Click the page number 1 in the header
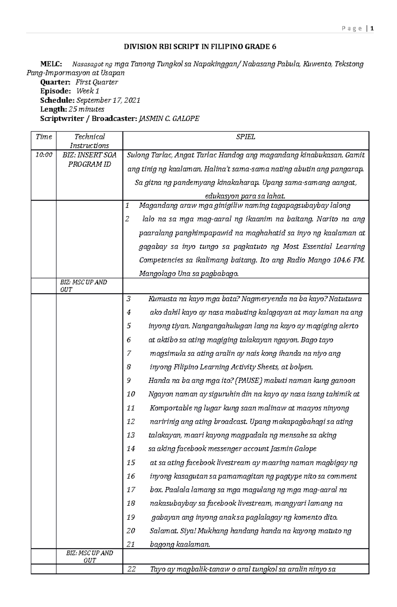[372, 28]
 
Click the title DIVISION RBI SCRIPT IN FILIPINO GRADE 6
[200, 47]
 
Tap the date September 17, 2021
[109, 100]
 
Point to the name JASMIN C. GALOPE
[169, 118]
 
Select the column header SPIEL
[245, 137]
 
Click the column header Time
[44, 137]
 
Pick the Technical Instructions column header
[89, 141]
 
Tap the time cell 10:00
[44, 155]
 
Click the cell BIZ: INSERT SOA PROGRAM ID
[89, 159]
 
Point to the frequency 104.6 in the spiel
[341, 260]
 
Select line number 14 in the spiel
[131, 449]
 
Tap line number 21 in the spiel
[131, 544]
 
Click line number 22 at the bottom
[131, 569]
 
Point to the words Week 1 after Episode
[88, 91]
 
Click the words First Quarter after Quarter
[97, 82]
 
